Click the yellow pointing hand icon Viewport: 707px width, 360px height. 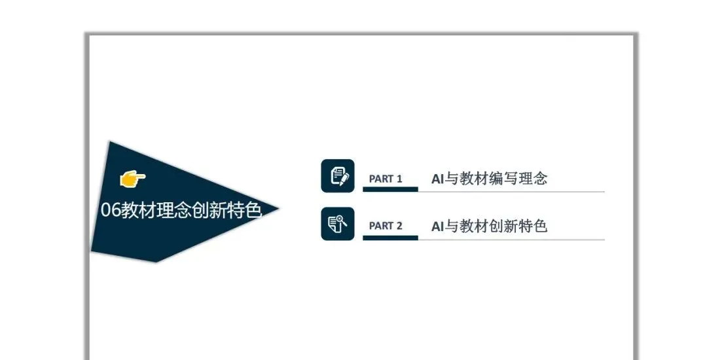point(133,177)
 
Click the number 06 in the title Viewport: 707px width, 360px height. point(109,210)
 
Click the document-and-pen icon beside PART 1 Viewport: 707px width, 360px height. point(338,176)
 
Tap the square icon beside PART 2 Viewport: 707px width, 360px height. point(338,224)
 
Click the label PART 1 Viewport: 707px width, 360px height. point(386,179)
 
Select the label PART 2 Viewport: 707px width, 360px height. point(386,226)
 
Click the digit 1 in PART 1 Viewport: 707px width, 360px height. point(399,179)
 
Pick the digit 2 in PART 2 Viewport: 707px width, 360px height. point(399,226)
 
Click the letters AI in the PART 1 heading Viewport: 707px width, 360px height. point(437,178)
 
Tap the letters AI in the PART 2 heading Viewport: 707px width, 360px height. point(437,226)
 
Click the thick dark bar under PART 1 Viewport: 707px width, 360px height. point(390,189)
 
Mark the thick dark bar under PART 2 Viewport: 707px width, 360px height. point(390,238)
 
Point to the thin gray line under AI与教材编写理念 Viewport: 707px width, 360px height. point(511,192)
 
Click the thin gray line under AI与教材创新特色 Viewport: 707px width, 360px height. point(511,240)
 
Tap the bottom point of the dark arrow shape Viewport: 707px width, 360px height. point(156,261)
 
